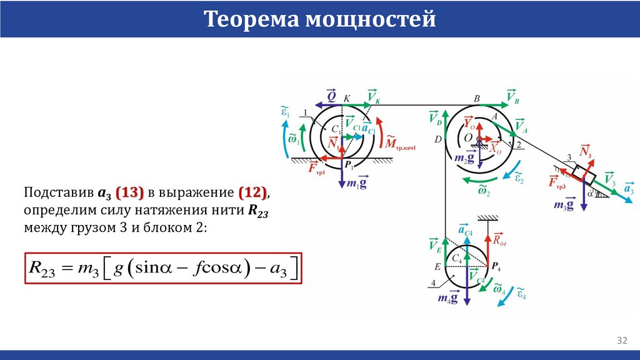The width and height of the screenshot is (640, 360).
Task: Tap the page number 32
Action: click(x=622, y=341)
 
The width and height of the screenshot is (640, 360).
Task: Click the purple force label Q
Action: click(x=332, y=97)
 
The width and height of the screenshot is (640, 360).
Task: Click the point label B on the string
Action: click(x=477, y=98)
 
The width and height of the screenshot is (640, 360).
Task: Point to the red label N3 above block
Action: click(x=586, y=152)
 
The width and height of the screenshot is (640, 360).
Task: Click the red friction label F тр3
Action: click(x=557, y=182)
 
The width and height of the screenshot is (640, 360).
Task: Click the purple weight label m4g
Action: click(x=447, y=299)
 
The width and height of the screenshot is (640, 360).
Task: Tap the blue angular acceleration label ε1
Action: click(x=286, y=112)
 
